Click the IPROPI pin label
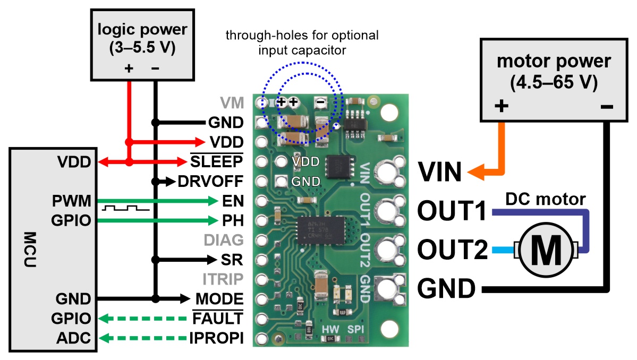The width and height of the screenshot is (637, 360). [216, 337]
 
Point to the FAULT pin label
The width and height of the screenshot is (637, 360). [218, 318]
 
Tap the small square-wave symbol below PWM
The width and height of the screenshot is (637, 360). [125, 208]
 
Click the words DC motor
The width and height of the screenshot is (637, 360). [545, 200]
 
